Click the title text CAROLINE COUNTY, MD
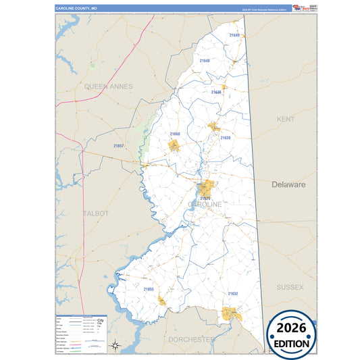[77, 8]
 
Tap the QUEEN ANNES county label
[109, 86]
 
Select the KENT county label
[286, 119]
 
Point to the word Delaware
[289, 184]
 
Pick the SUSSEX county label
[290, 287]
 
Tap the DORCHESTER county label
[190, 338]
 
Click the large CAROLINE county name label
[205, 204]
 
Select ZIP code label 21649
[234, 34]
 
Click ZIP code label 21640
[205, 61]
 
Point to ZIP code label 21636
[216, 92]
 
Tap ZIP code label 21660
[175, 134]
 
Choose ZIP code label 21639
[226, 138]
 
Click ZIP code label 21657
[118, 145]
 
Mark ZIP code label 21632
[233, 293]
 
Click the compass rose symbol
[116, 346]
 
